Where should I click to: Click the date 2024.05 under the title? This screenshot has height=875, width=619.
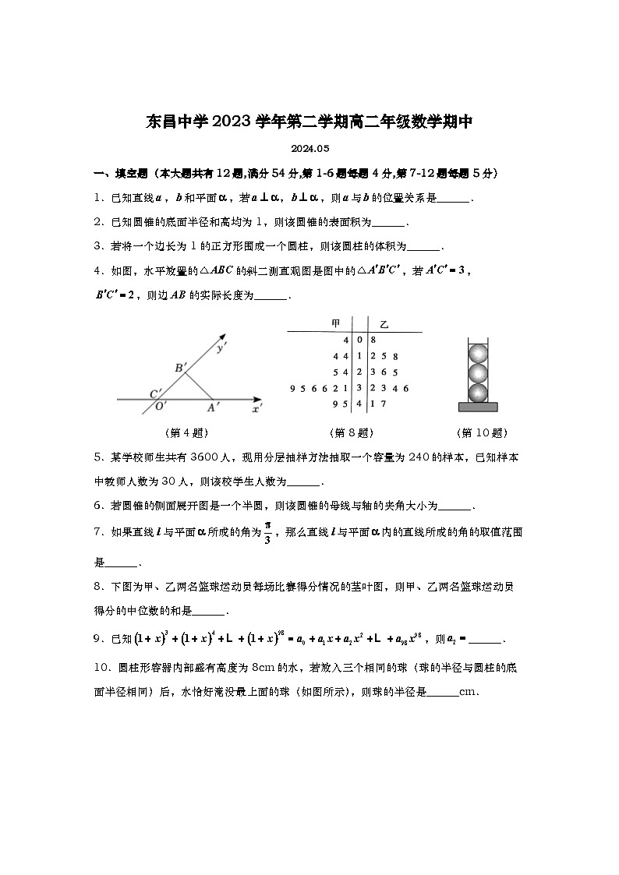[x=310, y=148]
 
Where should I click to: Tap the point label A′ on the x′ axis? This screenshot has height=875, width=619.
[x=212, y=407]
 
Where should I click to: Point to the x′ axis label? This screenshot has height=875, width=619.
[x=257, y=407]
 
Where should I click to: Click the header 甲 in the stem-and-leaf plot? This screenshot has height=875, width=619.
[x=336, y=323]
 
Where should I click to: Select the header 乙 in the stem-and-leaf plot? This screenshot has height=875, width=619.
[x=384, y=323]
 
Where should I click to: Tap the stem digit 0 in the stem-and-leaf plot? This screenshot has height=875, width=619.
[x=359, y=340]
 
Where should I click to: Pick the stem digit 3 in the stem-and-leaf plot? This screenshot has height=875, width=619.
[x=359, y=388]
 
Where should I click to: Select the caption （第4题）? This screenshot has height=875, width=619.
[x=187, y=433]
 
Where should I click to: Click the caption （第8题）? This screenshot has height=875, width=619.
[x=352, y=433]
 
